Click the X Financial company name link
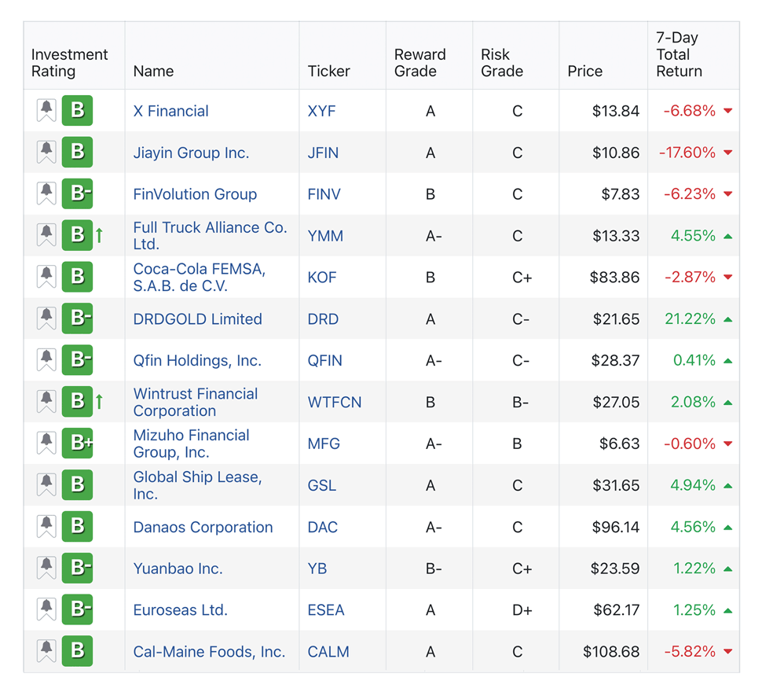170,111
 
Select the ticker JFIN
323,153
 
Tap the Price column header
584,71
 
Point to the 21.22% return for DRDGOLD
689,319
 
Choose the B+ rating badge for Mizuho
78,444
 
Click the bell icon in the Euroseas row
46,609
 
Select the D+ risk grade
517,610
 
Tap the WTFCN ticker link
335,402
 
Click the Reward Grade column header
419,62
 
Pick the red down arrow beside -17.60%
727,153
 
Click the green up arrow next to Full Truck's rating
100,235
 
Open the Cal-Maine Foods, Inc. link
209,652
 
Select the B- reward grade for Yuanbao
432,569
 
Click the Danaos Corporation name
203,527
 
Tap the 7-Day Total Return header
679,54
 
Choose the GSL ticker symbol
321,485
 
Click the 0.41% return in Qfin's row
694,360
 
